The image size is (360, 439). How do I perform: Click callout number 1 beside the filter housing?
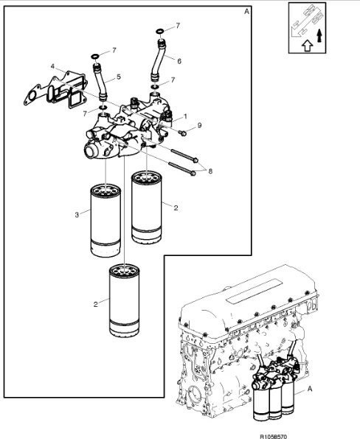point(184,117)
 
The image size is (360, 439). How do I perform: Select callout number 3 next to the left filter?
point(77,215)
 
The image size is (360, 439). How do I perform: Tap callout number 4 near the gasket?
point(52,66)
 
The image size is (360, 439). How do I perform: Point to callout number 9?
point(199,128)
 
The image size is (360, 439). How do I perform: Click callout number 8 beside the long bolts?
point(210,171)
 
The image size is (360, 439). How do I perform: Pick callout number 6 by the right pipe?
point(178,61)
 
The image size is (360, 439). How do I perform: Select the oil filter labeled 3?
point(105,221)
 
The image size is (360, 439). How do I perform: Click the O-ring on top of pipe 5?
point(95,55)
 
